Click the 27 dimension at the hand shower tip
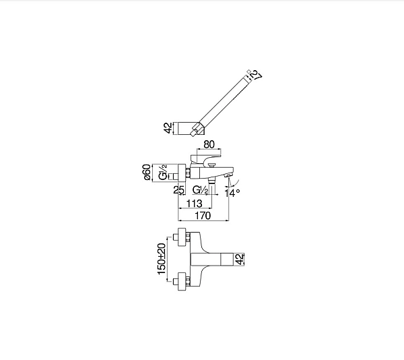255,76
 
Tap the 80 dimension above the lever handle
209,143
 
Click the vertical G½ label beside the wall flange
162,175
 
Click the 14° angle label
232,193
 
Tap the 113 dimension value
195,204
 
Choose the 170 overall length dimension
203,216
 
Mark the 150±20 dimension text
162,258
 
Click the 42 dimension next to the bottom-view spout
240,258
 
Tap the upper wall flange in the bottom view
180,237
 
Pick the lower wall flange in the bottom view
180,279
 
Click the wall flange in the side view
182,174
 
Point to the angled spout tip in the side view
229,177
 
